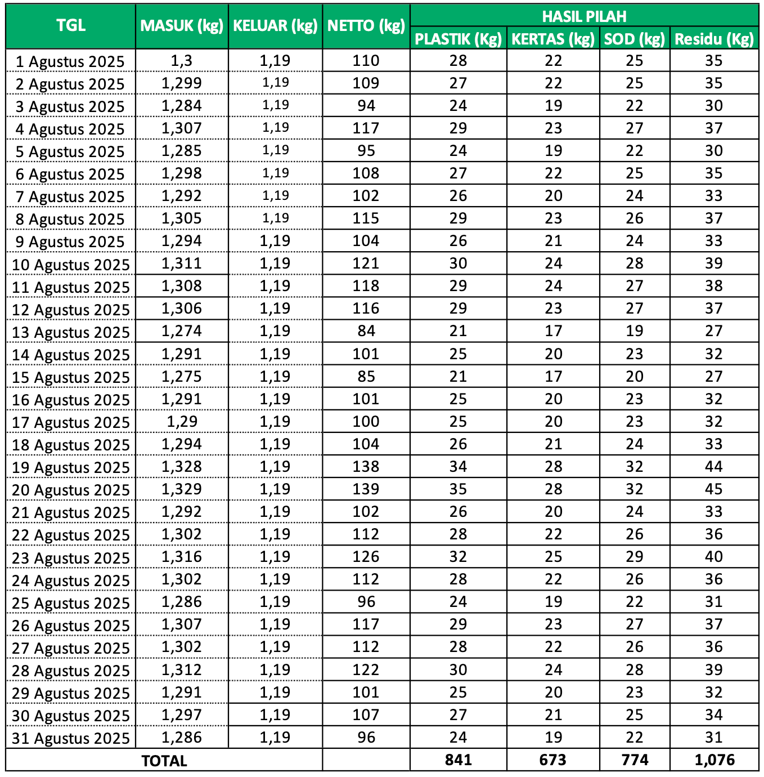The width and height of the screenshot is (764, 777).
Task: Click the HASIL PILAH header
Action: (584, 16)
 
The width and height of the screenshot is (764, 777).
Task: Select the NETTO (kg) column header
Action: (366, 26)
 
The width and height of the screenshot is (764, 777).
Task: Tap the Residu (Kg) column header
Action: (714, 39)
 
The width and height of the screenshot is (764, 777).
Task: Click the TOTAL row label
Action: (164, 761)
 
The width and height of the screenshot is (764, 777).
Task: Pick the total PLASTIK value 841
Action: (458, 760)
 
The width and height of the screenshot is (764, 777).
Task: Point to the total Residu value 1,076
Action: (714, 760)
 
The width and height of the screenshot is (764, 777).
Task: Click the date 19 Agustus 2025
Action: (71, 467)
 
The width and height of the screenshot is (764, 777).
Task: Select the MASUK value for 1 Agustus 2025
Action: (182, 61)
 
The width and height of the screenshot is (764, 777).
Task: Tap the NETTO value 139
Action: (366, 489)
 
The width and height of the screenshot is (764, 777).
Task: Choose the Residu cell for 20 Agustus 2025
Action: (714, 489)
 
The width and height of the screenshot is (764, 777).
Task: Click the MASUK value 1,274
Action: (182, 331)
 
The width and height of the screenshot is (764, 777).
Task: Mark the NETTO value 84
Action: (366, 331)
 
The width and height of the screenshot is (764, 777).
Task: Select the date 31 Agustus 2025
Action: (71, 738)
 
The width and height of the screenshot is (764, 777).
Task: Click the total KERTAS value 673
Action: (553, 760)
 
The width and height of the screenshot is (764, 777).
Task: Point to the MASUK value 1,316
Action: (182, 557)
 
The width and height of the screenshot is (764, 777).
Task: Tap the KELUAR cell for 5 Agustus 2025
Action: (276, 150)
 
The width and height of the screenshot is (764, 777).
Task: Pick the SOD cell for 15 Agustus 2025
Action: (635, 377)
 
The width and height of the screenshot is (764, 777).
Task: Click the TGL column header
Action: (71, 26)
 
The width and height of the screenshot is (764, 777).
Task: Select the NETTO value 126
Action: (366, 557)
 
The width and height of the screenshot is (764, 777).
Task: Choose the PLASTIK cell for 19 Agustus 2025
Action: (458, 467)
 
